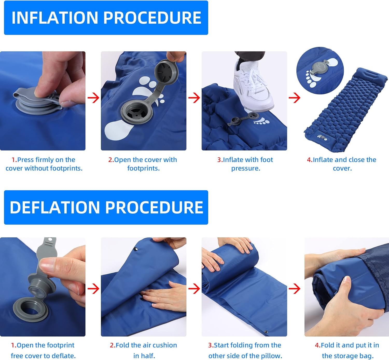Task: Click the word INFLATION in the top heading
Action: (x=55, y=18)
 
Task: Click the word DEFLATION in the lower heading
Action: (x=55, y=207)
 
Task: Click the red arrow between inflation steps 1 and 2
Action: (x=93, y=98)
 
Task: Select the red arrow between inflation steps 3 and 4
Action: (x=295, y=98)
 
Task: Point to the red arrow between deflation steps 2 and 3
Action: (x=194, y=288)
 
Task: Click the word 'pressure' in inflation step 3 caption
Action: (x=246, y=169)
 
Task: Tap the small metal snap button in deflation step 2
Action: (x=135, y=249)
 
